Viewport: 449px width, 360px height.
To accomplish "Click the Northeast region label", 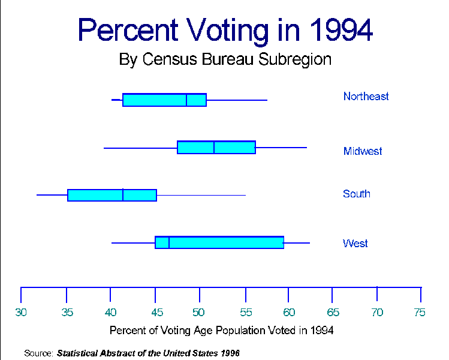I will pyautogui.click(x=366, y=97).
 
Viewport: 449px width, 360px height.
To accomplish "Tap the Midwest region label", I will pyautogui.click(x=363, y=151).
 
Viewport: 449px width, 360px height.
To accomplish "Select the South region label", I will pyautogui.click(x=357, y=194).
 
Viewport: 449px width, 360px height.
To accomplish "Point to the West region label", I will pyautogui.click(x=355, y=244).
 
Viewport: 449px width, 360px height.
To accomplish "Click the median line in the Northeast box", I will pyautogui.click(x=186, y=100).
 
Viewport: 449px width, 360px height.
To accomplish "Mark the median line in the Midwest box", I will pyautogui.click(x=214, y=147).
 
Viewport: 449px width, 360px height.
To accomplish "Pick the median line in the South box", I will pyautogui.click(x=123, y=195).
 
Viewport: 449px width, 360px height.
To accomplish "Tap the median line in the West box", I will pyautogui.click(x=169, y=242).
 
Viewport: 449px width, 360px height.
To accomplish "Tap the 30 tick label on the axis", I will pyautogui.click(x=21, y=312).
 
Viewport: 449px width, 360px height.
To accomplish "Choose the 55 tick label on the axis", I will pyautogui.click(x=245, y=312).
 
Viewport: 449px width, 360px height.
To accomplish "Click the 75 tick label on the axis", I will pyautogui.click(x=420, y=312).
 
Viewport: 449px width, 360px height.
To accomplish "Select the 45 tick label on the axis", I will pyautogui.click(x=155, y=312).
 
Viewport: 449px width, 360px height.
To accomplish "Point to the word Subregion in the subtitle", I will pyautogui.click(x=295, y=60).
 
